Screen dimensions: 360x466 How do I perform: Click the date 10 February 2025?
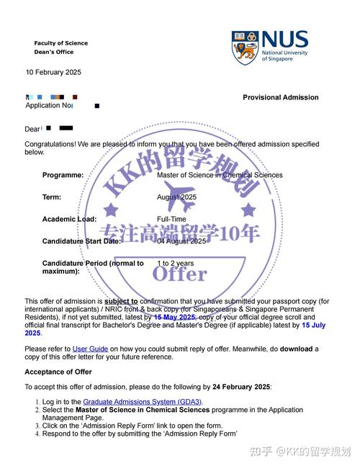(x=53, y=72)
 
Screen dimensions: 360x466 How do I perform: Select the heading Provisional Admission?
(x=280, y=97)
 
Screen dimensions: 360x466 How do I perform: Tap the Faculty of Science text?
(x=60, y=43)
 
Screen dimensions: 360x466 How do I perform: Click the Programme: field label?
(x=63, y=175)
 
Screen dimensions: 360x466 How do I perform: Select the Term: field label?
(x=52, y=197)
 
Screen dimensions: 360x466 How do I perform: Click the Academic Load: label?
(x=68, y=219)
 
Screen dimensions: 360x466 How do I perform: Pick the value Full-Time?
(x=171, y=219)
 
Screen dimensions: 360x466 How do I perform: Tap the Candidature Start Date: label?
(x=81, y=241)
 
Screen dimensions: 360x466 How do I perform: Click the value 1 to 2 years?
(x=175, y=264)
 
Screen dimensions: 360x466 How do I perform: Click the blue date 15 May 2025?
(x=174, y=317)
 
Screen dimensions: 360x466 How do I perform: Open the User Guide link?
(x=90, y=349)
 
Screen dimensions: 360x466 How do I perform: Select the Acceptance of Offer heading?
(x=58, y=372)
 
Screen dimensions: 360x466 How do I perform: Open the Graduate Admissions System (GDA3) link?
(x=143, y=401)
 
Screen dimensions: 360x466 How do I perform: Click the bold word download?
(x=296, y=349)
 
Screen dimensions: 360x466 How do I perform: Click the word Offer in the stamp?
(x=180, y=273)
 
